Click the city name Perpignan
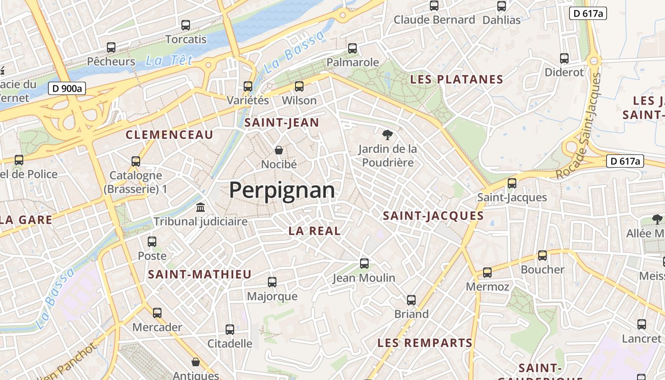(x=282, y=190)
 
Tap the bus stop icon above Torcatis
(x=186, y=25)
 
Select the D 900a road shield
(x=66, y=88)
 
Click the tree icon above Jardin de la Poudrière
(x=388, y=135)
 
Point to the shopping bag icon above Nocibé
(x=279, y=150)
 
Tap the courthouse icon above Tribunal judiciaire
(x=200, y=208)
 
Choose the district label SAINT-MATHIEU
(x=199, y=274)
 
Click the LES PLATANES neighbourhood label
(x=456, y=79)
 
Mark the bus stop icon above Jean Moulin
(x=364, y=264)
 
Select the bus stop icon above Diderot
(x=564, y=58)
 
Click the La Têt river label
(x=170, y=60)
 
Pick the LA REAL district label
(x=314, y=231)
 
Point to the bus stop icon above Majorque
(x=272, y=282)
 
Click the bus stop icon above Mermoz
(x=487, y=273)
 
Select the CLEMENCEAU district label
(x=170, y=135)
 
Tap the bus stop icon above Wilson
(x=299, y=86)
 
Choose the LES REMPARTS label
(x=425, y=342)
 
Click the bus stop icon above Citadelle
(x=230, y=329)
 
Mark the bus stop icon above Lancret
(x=642, y=324)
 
